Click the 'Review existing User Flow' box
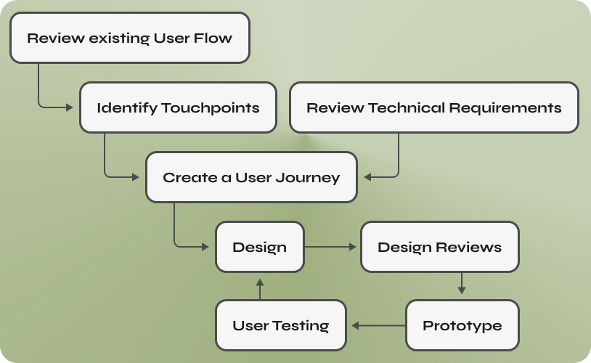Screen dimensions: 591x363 coord(130,38)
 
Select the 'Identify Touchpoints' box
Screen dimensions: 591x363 coord(178,107)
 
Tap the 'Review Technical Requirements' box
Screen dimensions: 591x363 coord(434,107)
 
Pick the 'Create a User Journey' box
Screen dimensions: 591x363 coord(251,177)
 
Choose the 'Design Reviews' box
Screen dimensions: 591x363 coord(440,247)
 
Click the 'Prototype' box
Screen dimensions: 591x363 coord(462,325)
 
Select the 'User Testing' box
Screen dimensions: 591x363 coord(281,325)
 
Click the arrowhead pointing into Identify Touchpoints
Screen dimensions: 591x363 coord(70,107)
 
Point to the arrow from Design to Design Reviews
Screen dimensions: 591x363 coord(330,247)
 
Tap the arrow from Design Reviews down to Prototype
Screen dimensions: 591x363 coord(462,283)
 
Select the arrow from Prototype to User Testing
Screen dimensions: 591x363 coord(378,325)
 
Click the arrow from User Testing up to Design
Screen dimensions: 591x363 coord(260,289)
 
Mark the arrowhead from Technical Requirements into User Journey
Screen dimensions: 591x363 coord(367,177)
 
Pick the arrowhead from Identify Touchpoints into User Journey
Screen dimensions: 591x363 coord(136,177)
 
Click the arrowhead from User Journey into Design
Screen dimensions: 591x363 coord(205,247)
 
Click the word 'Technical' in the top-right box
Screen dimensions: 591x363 coord(407,107)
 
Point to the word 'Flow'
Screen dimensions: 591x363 coord(213,38)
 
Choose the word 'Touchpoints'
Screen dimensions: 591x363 coord(211,108)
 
